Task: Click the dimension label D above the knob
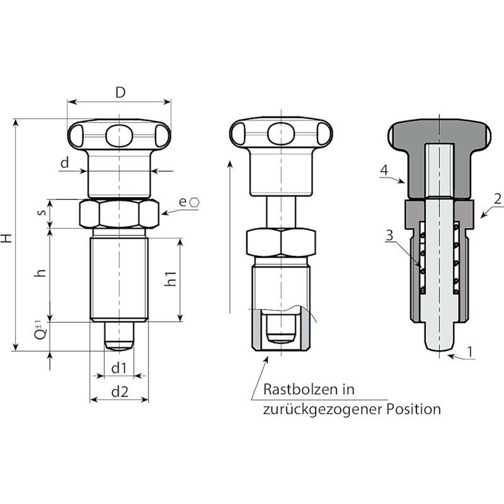click(x=120, y=93)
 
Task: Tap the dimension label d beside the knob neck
click(x=65, y=163)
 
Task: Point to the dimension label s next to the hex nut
click(x=41, y=212)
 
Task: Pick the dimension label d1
click(x=119, y=368)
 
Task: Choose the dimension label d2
click(x=120, y=392)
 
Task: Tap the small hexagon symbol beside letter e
click(x=195, y=202)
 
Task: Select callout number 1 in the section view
click(x=470, y=352)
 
